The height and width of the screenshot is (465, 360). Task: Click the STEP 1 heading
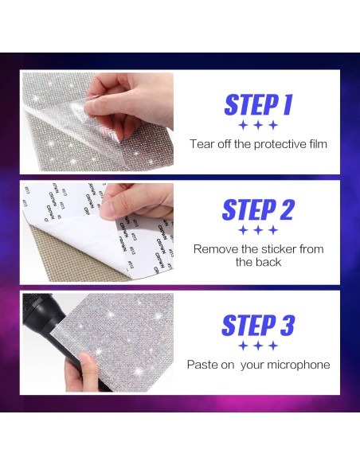click(258, 104)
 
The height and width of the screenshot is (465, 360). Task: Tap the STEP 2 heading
click(258, 209)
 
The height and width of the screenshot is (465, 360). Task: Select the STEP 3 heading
click(258, 325)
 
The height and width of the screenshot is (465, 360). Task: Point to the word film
click(318, 144)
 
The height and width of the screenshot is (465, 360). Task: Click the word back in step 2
click(269, 262)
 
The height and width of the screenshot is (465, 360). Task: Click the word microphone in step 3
click(299, 365)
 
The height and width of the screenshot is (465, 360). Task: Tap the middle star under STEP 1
click(258, 125)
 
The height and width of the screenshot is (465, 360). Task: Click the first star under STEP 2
click(243, 230)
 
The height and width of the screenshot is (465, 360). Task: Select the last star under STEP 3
click(273, 346)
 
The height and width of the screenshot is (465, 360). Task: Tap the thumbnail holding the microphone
click(87, 360)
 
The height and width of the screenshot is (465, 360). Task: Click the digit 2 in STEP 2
click(287, 209)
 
